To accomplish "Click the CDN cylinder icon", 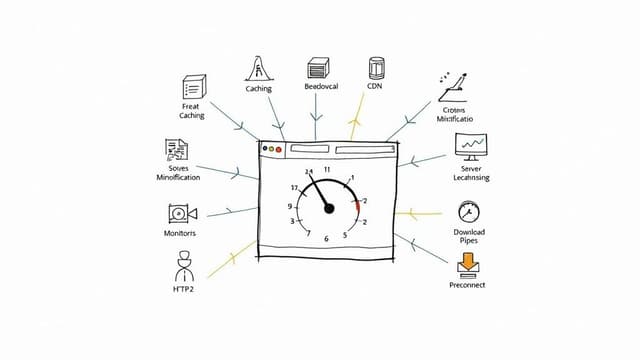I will click(x=377, y=68).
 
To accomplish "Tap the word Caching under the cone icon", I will click(x=258, y=89).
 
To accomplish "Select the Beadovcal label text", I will click(x=321, y=87).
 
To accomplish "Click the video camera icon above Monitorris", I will click(x=182, y=212).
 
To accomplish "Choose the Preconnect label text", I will click(x=467, y=285).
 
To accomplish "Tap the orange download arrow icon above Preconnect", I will click(x=467, y=264).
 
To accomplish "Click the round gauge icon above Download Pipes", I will click(x=468, y=211).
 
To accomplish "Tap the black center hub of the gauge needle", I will click(x=329, y=208).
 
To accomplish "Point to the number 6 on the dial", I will click(x=327, y=240).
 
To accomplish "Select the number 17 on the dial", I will click(x=295, y=188).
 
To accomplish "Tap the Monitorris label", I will click(x=180, y=232).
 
